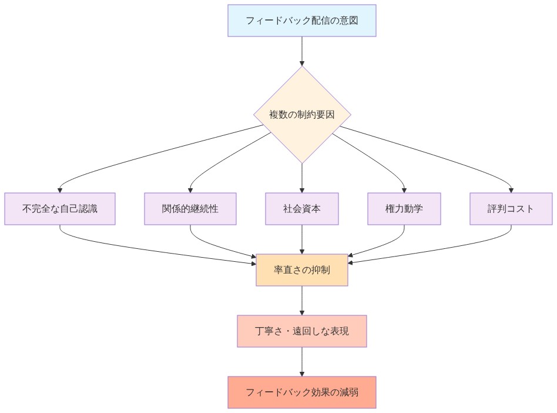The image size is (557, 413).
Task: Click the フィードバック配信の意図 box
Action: [301, 21]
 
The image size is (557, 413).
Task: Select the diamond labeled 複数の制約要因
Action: [302, 115]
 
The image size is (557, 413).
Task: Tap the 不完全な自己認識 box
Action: [60, 209]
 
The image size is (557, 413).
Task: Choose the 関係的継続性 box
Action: [190, 209]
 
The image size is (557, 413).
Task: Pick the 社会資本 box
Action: [302, 209]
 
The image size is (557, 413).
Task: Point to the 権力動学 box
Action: [404, 209]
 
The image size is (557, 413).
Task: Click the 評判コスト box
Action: [511, 209]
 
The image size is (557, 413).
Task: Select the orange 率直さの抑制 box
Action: [302, 270]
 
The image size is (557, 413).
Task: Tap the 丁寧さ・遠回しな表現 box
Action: [302, 331]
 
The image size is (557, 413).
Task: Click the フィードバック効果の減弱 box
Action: [302, 392]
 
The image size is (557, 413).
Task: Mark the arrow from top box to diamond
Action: [302, 51]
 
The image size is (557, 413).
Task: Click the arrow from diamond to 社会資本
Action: [302, 178]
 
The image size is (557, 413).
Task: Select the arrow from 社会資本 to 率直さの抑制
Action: [302, 240]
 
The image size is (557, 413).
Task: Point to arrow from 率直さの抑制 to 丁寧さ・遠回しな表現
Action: [302, 301]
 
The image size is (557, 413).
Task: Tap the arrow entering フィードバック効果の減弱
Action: [302, 362]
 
